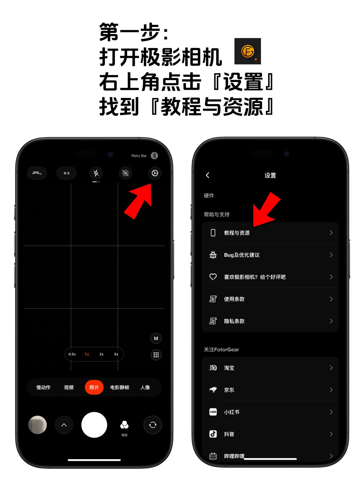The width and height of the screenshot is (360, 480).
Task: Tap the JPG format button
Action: (x=37, y=173)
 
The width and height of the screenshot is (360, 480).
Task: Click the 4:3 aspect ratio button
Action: (x=66, y=173)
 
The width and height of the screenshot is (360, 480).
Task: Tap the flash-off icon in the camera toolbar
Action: (x=96, y=173)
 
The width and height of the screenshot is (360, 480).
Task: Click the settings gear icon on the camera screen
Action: (x=155, y=173)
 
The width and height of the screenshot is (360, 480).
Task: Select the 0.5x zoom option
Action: (x=72, y=354)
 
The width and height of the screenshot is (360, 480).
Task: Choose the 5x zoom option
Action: (x=116, y=354)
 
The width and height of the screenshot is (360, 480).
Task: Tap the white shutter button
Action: (x=94, y=425)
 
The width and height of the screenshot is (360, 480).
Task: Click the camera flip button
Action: (x=153, y=425)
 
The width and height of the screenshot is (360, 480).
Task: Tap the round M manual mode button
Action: (x=156, y=338)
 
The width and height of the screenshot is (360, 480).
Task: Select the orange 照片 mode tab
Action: (x=94, y=387)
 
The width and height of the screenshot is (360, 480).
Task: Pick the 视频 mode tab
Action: (x=69, y=387)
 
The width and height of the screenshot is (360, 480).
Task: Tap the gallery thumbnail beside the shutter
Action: (x=37, y=425)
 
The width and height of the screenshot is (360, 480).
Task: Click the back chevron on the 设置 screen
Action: (x=208, y=175)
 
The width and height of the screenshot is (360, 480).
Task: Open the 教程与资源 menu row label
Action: (x=237, y=233)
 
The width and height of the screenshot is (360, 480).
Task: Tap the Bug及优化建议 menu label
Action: (x=242, y=255)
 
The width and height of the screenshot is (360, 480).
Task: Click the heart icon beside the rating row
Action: (x=213, y=277)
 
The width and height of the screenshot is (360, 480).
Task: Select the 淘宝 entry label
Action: (x=229, y=368)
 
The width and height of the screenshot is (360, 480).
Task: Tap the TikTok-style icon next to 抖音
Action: (x=213, y=434)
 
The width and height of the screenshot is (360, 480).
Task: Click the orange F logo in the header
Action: (x=248, y=51)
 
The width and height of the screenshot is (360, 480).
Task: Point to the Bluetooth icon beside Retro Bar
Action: (x=154, y=156)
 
